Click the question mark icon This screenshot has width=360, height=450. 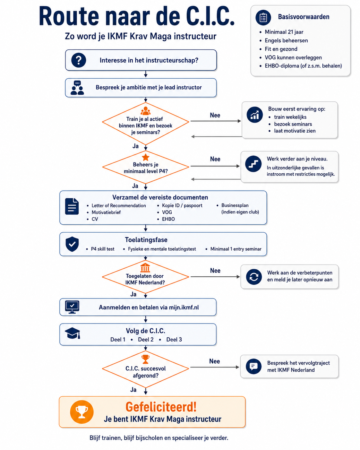(x=79, y=60)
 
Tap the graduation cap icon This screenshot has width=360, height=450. (x=73, y=333)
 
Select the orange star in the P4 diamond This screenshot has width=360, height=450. (x=145, y=157)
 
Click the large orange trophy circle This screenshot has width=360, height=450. (x=82, y=412)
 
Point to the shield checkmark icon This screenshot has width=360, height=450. (x=72, y=244)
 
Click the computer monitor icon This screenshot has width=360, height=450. (x=72, y=307)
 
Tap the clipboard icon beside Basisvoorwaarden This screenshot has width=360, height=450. (x=263, y=18)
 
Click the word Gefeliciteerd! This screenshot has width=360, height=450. (x=161, y=407)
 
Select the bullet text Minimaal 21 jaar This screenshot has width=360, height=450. (x=284, y=32)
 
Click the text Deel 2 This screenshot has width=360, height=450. (x=146, y=339)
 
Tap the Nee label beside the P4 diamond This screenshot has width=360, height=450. (x=215, y=159)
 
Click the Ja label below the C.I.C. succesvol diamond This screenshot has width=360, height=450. (x=133, y=390)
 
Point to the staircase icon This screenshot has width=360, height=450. (x=253, y=164)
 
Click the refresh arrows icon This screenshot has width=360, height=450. (x=254, y=277)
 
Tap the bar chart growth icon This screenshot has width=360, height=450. (x=255, y=115)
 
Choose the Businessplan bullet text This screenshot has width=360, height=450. (x=235, y=205)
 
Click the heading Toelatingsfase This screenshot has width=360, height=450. (x=146, y=240)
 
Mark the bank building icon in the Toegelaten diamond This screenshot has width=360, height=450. (x=145, y=267)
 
